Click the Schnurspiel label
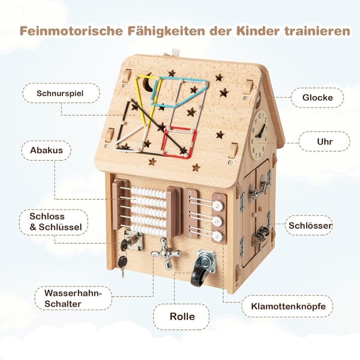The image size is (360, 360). click(x=60, y=93)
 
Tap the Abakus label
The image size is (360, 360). click(x=46, y=151)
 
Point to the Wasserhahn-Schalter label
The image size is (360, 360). click(x=73, y=298)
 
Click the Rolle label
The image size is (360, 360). click(x=182, y=316)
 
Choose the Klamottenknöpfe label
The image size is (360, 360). click(x=289, y=306)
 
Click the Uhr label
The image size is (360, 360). click(x=325, y=142)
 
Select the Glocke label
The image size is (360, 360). click(x=317, y=98)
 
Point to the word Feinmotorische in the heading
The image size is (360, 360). click(x=71, y=31)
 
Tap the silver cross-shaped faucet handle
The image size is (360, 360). click(x=166, y=253)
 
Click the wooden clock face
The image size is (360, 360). click(x=260, y=134)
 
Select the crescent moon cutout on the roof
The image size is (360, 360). click(x=148, y=83)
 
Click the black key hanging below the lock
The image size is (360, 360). click(x=122, y=264)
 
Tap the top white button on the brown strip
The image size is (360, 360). click(x=217, y=206)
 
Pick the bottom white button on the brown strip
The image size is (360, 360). click(x=217, y=236)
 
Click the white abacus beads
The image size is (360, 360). click(x=149, y=211)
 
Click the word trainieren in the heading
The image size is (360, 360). click(x=317, y=31)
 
